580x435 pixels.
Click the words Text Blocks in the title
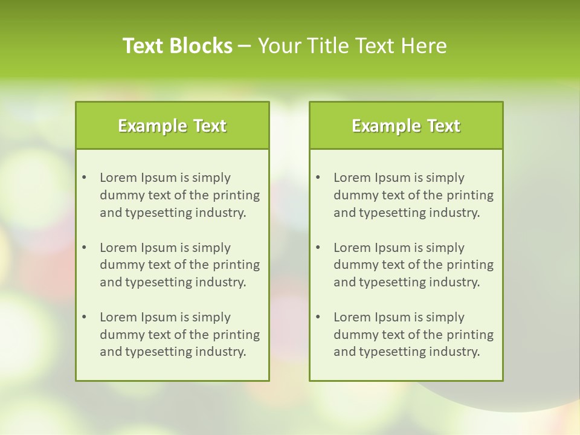pyautogui.click(x=178, y=46)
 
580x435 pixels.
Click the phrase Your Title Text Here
pyautogui.click(x=352, y=46)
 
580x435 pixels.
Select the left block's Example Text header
pyautogui.click(x=172, y=126)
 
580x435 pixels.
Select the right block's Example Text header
pyautogui.click(x=406, y=126)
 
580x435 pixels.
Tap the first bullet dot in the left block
pyautogui.click(x=84, y=178)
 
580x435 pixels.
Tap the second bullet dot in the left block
pyautogui.click(x=84, y=248)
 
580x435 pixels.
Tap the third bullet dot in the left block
pyautogui.click(x=84, y=317)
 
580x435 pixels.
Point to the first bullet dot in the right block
pyautogui.click(x=318, y=178)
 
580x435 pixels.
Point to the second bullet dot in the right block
pyautogui.click(x=318, y=248)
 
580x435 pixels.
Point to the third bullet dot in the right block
pyautogui.click(x=318, y=317)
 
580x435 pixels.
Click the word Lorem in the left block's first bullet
pyautogui.click(x=118, y=178)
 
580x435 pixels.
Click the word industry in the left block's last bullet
pyautogui.click(x=222, y=352)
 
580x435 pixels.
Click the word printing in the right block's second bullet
pyautogui.click(x=471, y=265)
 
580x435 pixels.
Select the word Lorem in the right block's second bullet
pyautogui.click(x=352, y=248)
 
